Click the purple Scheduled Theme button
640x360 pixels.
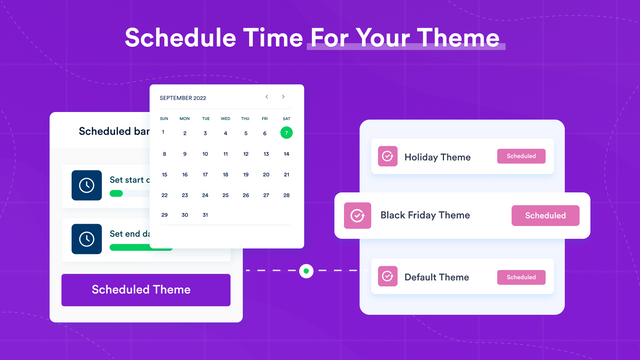coord(146,290)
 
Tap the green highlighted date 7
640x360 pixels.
coord(286,132)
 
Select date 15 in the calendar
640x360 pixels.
coord(164,174)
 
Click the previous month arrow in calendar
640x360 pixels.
coord(266,97)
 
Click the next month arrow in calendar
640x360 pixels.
coord(284,97)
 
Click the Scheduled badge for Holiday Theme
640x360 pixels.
coord(521,156)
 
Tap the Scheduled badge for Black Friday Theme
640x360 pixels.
coord(545,215)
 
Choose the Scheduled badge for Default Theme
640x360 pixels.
coord(521,277)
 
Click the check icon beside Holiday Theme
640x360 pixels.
coord(387,157)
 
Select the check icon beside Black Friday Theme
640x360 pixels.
coord(356,215)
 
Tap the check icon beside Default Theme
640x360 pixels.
coord(387,277)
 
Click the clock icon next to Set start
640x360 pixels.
coord(86,185)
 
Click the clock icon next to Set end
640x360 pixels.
coord(86,239)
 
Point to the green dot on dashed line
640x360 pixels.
coord(306,270)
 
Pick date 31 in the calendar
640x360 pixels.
coord(205,215)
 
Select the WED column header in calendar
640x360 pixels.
coord(225,118)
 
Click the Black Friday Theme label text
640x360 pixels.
coord(424,215)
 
